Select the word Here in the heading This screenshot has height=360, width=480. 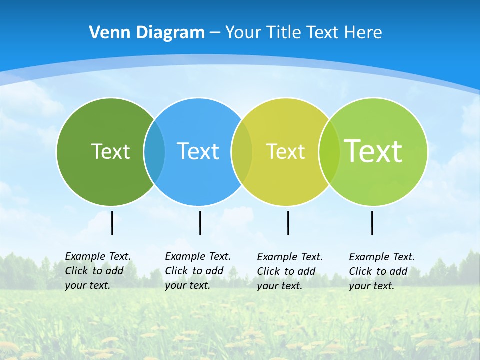point(363,32)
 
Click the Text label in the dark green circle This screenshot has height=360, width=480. point(110,151)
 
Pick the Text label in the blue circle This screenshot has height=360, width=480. point(198,151)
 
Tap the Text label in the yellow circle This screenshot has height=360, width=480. point(285,151)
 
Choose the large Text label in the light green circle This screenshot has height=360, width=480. point(373,151)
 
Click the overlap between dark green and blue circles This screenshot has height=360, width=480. point(154,151)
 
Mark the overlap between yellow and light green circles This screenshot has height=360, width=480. point(329,151)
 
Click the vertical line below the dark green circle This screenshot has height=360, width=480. point(112,223)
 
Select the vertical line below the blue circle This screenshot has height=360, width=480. point(200,223)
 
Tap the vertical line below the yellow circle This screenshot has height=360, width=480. point(288,223)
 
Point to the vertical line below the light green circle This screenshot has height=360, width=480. point(372,223)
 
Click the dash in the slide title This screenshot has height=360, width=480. point(215,33)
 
